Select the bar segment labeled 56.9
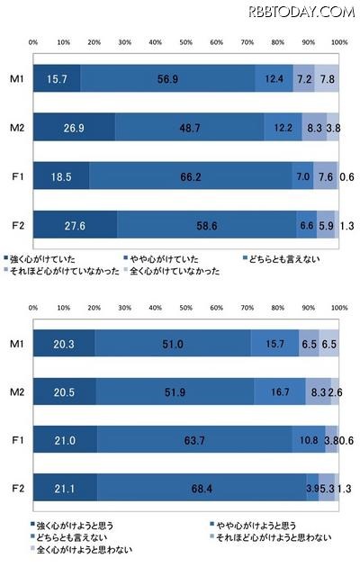click(x=166, y=78)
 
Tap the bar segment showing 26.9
click(x=74, y=127)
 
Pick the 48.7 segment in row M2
click(x=189, y=127)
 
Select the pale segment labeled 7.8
click(x=327, y=78)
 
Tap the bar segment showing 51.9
click(x=175, y=391)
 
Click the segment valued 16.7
click(x=279, y=391)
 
